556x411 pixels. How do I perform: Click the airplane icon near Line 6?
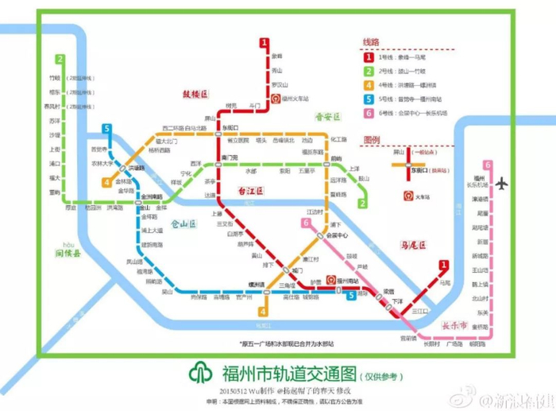(x=501, y=184)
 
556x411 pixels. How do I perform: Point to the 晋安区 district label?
(x=326, y=116)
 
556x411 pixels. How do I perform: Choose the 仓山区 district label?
(x=182, y=225)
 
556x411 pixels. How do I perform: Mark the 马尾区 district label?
(x=411, y=244)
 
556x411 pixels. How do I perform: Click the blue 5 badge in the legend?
(x=369, y=99)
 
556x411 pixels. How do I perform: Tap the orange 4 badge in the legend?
(x=369, y=85)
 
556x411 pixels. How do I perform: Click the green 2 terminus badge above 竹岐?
(x=59, y=58)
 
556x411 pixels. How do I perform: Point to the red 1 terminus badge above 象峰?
(x=263, y=44)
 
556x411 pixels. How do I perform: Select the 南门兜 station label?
(x=230, y=157)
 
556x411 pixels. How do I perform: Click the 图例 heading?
(x=373, y=138)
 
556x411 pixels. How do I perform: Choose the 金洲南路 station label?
(x=151, y=196)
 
